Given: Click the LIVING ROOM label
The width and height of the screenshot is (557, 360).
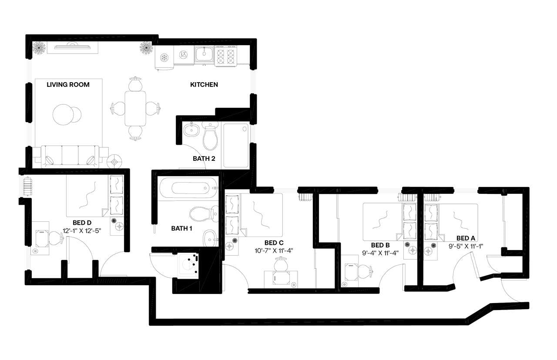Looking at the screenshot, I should click(x=68, y=84).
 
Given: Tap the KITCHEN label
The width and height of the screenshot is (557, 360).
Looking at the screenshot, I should click(x=204, y=84).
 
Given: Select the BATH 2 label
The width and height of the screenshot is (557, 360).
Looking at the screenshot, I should click(x=204, y=159).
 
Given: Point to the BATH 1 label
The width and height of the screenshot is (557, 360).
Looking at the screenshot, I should click(x=182, y=228).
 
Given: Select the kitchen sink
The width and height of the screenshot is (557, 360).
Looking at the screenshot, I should click(x=203, y=54).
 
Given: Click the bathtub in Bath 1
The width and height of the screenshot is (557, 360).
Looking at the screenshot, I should click(x=187, y=188).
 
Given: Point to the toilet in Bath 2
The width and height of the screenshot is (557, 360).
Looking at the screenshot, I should click(x=210, y=135).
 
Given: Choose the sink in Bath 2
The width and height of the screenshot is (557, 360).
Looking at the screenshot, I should click(x=191, y=129).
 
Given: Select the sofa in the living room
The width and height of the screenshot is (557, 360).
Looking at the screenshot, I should click(x=70, y=156).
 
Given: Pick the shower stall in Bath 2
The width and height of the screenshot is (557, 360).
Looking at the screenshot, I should click(x=235, y=145).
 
